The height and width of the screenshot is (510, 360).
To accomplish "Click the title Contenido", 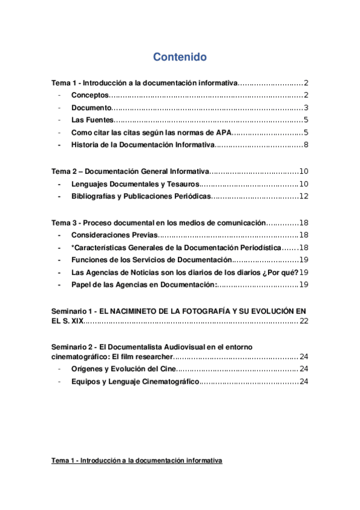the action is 180,57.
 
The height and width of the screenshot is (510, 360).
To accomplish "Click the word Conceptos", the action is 90,96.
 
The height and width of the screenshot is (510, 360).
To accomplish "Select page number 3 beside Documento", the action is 305,108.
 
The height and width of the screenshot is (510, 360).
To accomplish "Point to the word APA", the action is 223,132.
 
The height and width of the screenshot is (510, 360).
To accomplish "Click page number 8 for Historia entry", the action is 305,145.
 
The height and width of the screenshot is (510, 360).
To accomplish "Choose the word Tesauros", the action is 179,184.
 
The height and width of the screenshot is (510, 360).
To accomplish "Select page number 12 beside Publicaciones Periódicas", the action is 304,196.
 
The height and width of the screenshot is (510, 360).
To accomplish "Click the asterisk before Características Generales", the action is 73,247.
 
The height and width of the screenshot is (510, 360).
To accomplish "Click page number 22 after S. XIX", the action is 304,322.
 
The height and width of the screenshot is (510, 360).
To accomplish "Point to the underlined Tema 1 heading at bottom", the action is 137,461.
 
